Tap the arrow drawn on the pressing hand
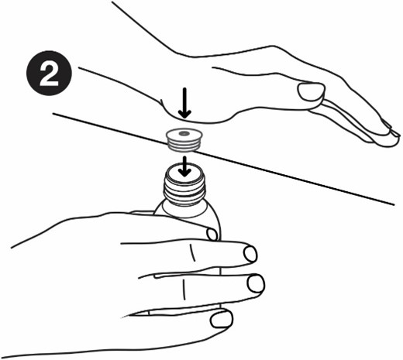point(184,103)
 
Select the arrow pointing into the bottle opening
point(184,166)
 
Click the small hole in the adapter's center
point(184,133)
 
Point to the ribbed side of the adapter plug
point(184,146)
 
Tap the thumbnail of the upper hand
point(311,91)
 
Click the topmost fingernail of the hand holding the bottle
point(212,235)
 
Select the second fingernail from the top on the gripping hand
point(250,254)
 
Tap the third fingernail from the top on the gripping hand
point(256,284)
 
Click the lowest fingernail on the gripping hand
point(222,320)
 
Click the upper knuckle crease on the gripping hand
point(191,252)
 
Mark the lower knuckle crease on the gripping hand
point(184,290)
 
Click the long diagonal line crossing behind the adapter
point(223,159)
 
